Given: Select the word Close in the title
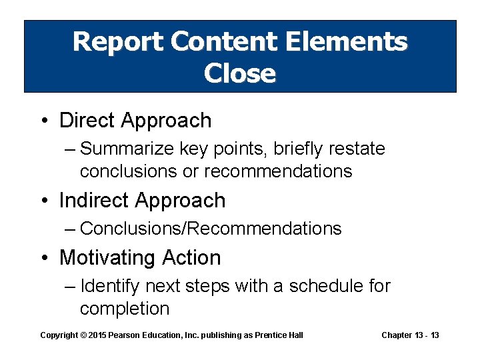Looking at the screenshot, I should [240, 73].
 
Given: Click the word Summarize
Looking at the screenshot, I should [126, 149].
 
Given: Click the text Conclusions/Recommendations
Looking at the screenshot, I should [211, 229].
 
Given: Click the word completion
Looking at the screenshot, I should [125, 309].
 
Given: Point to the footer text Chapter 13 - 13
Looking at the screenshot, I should [410, 335].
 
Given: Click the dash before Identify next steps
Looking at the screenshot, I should [71, 287].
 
